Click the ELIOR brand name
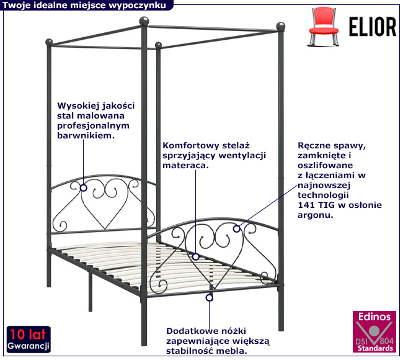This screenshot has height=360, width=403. click(370, 27)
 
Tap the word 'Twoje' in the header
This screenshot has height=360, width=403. click(17, 5)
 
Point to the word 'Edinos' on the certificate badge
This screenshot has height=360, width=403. click(374, 317)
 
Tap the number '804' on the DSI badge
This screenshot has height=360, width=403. click(385, 341)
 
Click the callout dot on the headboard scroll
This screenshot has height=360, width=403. click(83, 185)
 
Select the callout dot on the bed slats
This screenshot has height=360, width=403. click(196, 256)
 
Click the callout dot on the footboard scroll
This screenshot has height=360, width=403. click(236, 229)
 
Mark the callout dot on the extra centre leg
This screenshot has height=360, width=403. click(210, 298)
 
